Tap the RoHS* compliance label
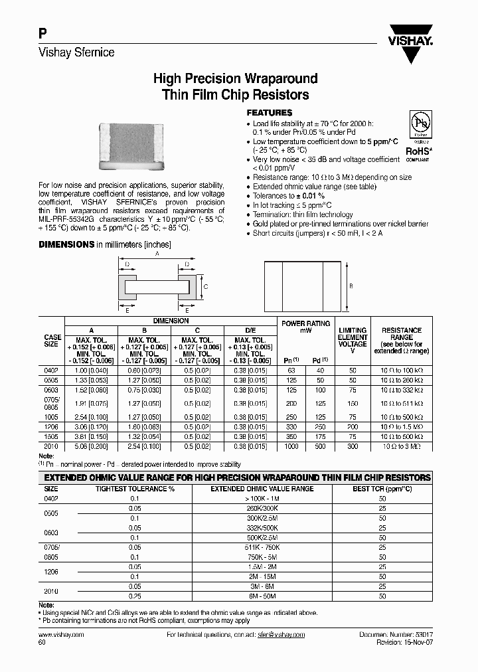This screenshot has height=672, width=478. click(x=418, y=151)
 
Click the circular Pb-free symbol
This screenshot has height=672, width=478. click(x=418, y=127)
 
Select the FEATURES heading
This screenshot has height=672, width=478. click(x=269, y=113)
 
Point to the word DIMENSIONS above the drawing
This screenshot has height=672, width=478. click(x=66, y=244)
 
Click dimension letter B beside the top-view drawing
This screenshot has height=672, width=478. click(x=351, y=286)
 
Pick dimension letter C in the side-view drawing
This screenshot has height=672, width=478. click(x=206, y=286)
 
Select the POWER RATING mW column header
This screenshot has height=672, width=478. click(x=305, y=327)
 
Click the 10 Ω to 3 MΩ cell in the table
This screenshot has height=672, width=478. click(x=401, y=447)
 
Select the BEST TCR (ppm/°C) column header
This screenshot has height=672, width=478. click(x=382, y=488)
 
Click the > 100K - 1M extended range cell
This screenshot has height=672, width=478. click(x=262, y=497)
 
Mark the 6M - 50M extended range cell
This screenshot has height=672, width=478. click(x=262, y=597)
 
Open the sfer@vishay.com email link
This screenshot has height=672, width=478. click(x=281, y=635)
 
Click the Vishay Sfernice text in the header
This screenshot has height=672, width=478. click(x=76, y=52)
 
